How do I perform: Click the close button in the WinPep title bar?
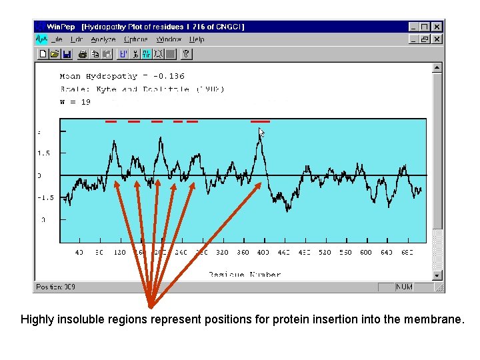tap(437, 27)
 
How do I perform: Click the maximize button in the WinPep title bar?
tap(425, 27)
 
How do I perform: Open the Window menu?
tap(169, 39)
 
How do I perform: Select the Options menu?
tap(135, 39)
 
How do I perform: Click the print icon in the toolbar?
tap(81, 55)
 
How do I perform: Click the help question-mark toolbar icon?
tap(187, 55)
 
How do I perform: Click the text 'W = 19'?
tap(75, 102)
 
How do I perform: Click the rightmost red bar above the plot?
tap(260, 122)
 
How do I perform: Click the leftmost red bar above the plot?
tap(111, 122)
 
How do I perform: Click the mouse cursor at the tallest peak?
tap(261, 133)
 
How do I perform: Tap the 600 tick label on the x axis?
tap(366, 253)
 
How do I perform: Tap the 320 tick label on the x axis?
tap(222, 253)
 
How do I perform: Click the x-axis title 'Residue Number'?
tap(244, 274)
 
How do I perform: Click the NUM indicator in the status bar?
tap(404, 287)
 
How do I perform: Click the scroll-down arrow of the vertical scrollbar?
tap(437, 275)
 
